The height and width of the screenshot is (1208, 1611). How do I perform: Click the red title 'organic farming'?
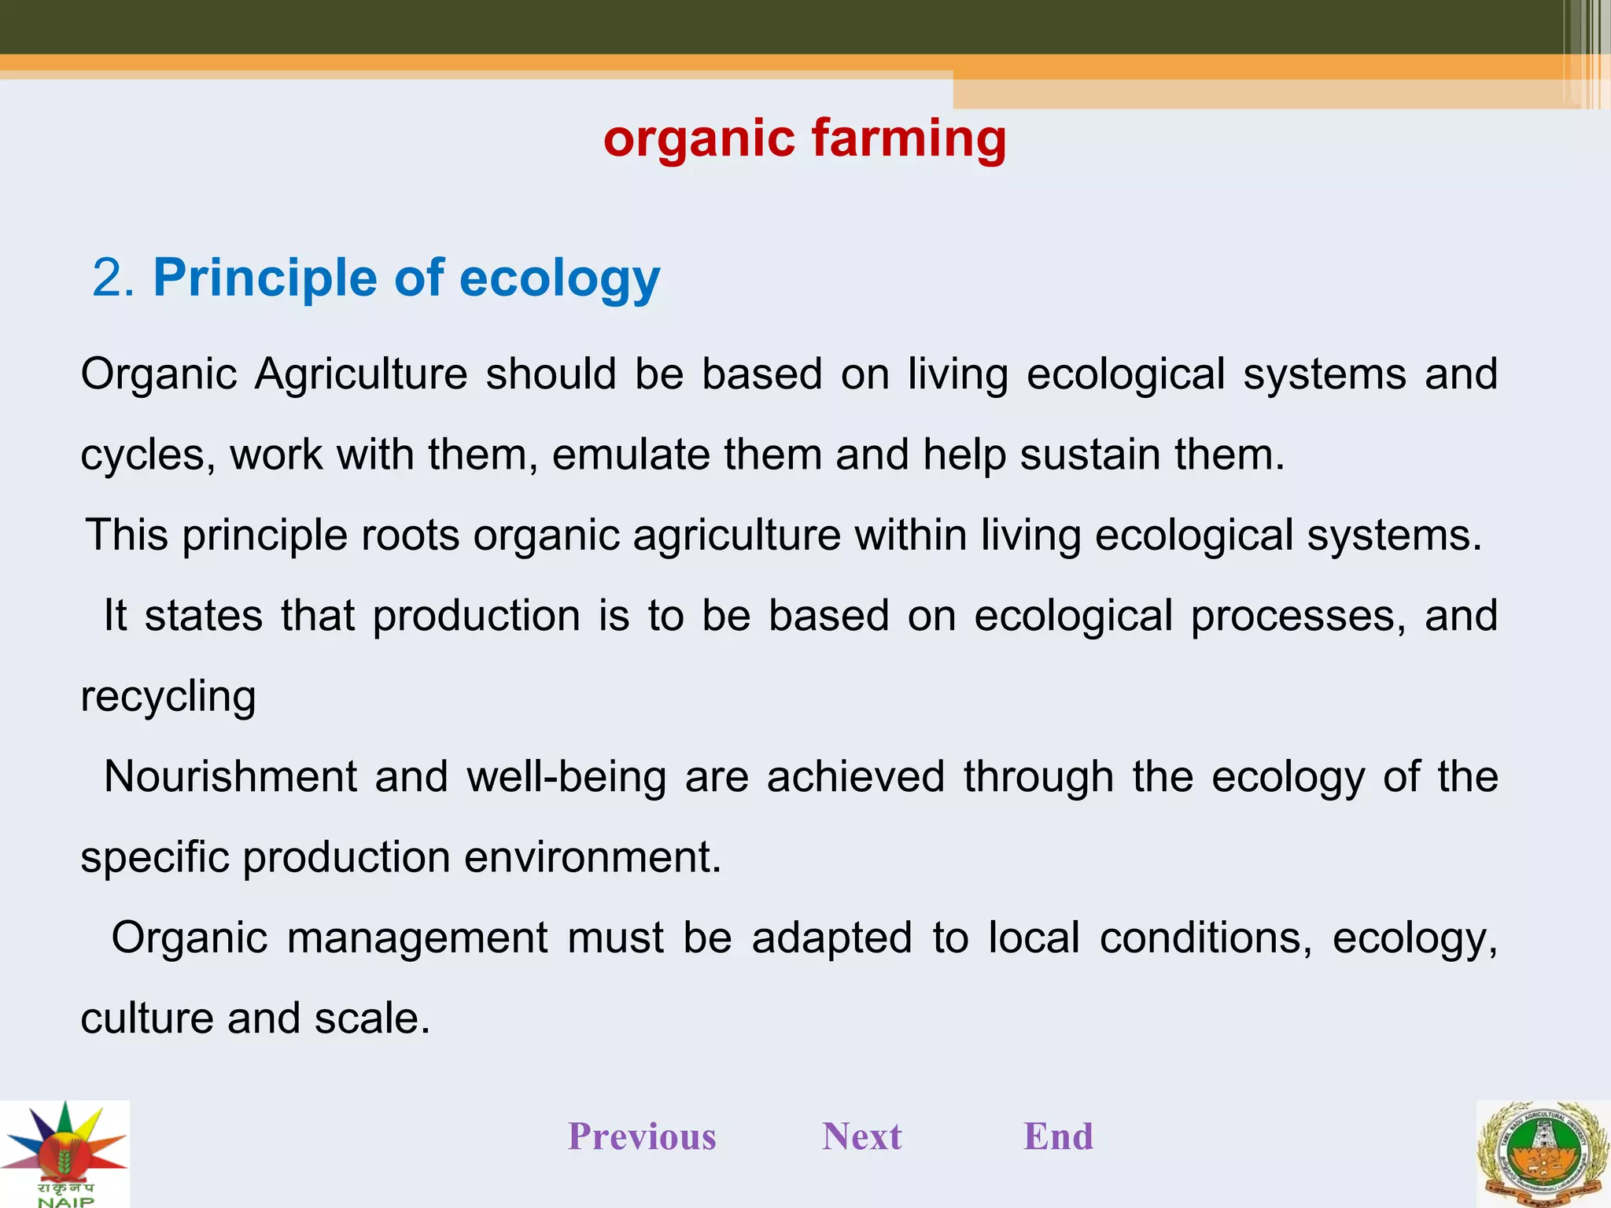click(x=805, y=139)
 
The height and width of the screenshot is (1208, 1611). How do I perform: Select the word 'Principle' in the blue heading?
click(x=265, y=278)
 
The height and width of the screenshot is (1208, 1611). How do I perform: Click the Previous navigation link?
click(x=642, y=1136)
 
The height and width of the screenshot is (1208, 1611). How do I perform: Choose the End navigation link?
click(x=1058, y=1136)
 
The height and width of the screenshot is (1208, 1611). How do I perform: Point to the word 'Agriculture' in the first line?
click(x=361, y=374)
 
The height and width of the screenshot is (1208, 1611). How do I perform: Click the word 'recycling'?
click(x=168, y=697)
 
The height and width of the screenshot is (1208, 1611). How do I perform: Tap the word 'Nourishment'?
click(x=230, y=777)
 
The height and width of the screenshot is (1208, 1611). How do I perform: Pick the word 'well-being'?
click(x=566, y=777)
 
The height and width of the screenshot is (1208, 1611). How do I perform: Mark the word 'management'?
click(x=417, y=938)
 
